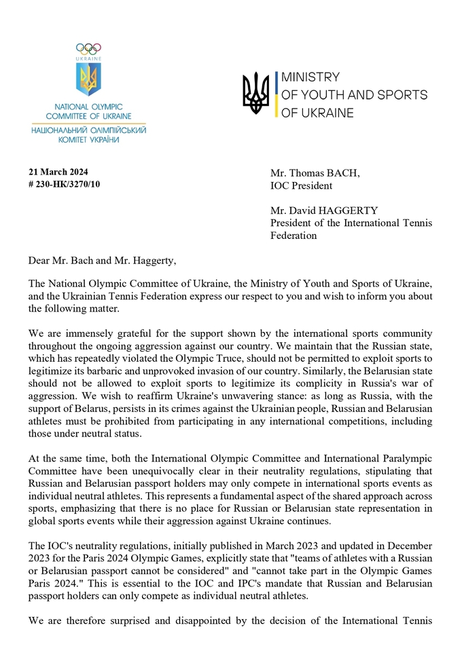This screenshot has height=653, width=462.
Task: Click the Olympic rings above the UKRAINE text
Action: click(x=88, y=49)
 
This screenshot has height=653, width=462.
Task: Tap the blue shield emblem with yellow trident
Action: click(x=88, y=79)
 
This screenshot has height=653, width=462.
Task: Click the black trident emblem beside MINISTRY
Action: click(x=256, y=93)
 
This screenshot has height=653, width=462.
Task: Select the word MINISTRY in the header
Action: click(x=310, y=77)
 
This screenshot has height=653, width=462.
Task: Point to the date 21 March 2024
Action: click(x=58, y=171)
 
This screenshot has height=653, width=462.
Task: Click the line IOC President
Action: click(x=302, y=185)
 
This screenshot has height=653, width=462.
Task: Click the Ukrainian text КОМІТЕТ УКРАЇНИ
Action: click(x=88, y=139)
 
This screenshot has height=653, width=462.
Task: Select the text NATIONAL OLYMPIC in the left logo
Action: click(x=88, y=107)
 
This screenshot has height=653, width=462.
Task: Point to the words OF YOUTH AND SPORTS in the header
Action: click(x=354, y=95)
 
